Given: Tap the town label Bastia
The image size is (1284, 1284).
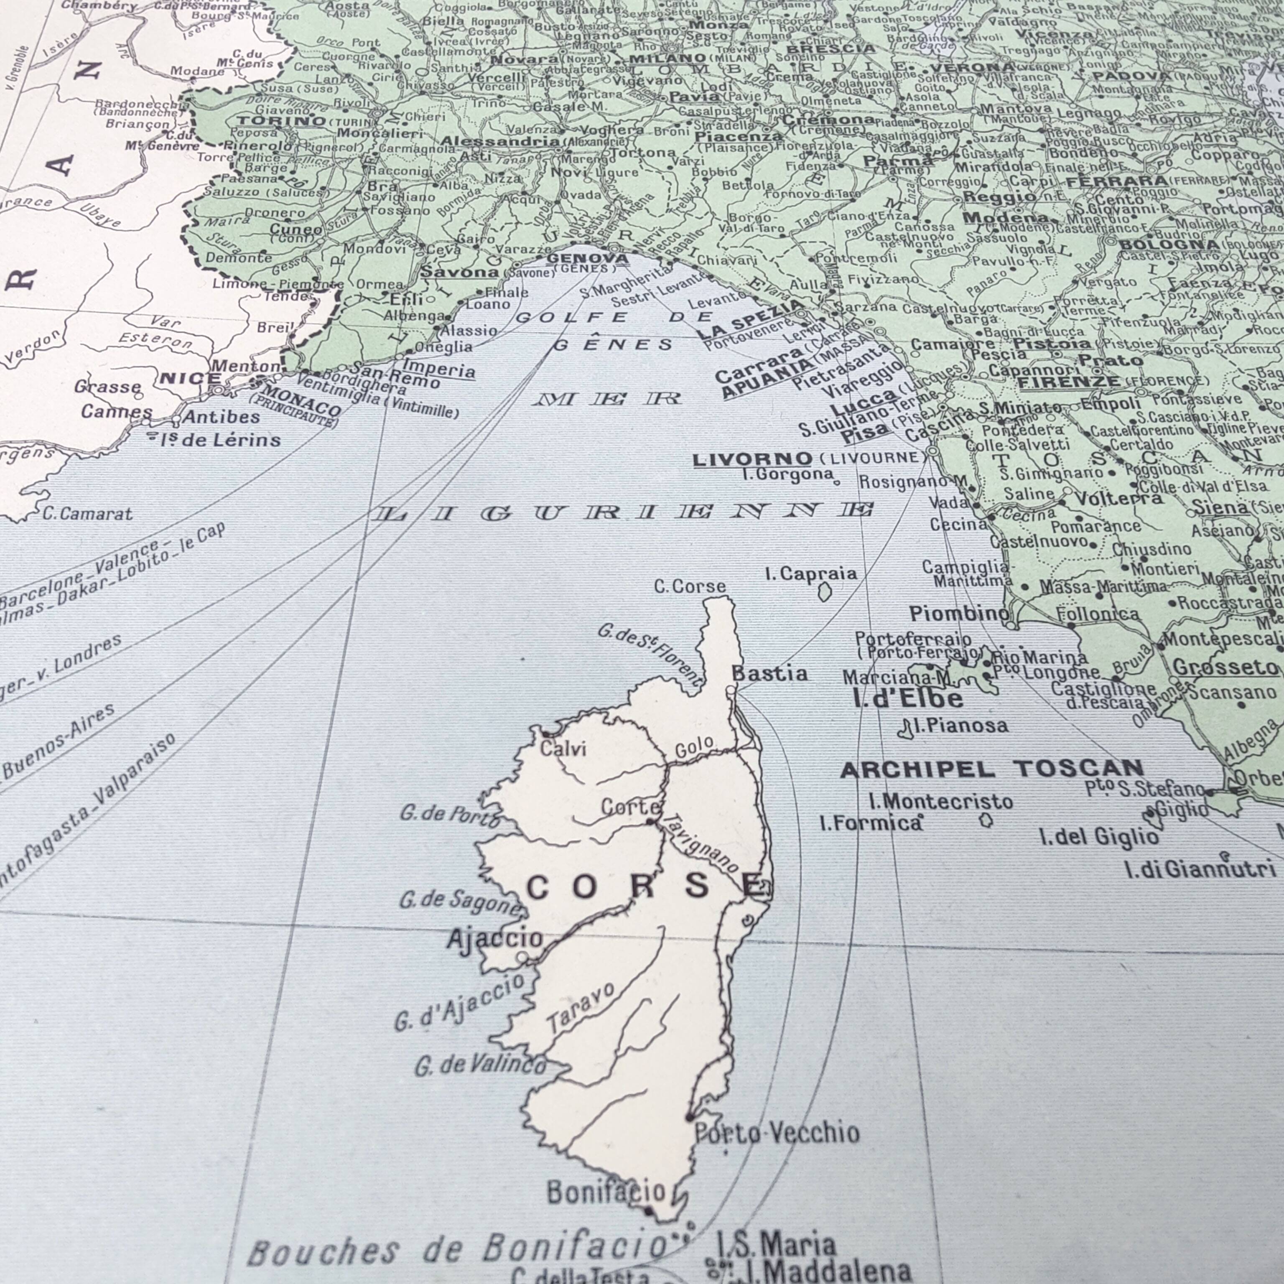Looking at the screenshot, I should [769, 673].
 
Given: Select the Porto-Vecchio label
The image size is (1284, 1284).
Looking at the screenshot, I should [776, 1132].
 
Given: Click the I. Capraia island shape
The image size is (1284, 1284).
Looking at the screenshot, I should [824, 591].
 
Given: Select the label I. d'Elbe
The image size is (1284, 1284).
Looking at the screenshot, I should [907, 698].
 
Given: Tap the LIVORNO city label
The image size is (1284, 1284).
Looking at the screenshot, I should [752, 459].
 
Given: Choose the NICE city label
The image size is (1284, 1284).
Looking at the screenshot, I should [190, 379].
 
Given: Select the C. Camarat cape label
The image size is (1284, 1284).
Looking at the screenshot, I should [87, 513].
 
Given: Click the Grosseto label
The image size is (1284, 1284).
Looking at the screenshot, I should [1225, 667].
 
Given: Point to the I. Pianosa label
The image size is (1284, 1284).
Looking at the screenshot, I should [960, 726].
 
